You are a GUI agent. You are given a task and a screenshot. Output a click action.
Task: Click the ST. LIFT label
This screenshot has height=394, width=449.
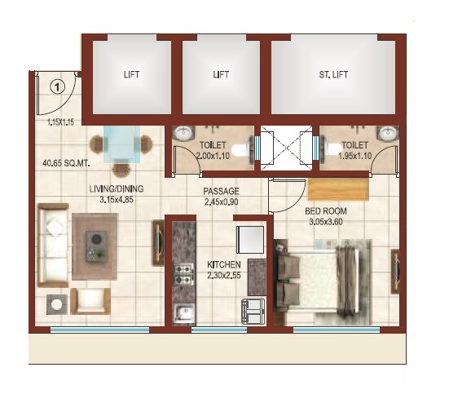[334, 74]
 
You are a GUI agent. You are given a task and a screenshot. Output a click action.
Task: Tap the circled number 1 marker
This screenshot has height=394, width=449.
[57, 85]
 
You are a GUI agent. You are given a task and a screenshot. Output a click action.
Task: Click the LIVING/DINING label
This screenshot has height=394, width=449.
[114, 193]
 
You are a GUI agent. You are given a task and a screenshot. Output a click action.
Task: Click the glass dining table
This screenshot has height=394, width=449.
[122, 148]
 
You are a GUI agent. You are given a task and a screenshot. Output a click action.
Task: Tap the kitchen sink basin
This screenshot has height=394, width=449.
[183, 311]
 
